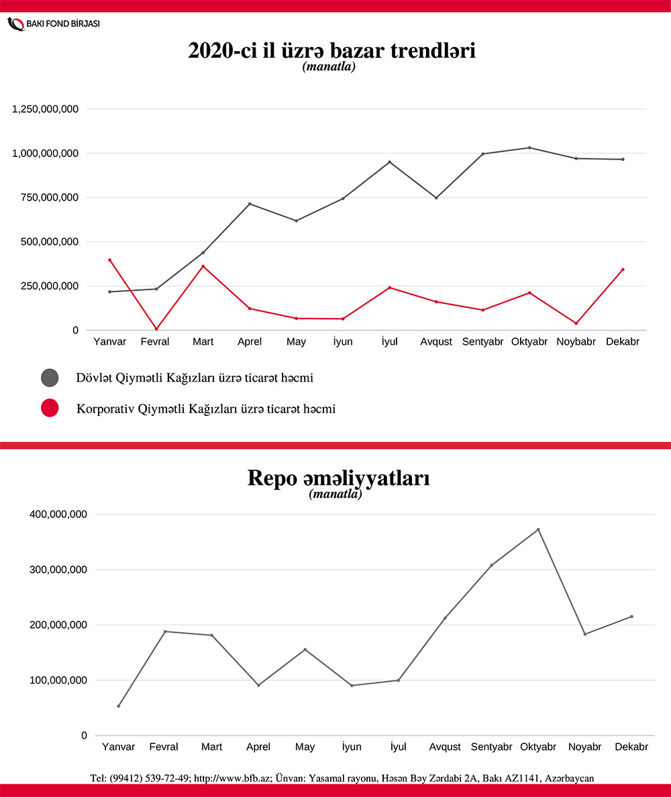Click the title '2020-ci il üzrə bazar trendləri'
332,51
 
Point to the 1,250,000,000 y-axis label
46,109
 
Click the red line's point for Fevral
156,329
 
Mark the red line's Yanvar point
109,260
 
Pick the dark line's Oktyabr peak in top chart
529,148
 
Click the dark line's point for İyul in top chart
389,162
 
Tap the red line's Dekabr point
623,270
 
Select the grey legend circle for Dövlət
50,378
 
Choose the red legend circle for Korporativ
50,408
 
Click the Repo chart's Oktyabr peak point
538,529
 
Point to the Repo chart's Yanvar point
119,706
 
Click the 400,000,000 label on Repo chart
58,515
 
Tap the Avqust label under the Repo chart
445,747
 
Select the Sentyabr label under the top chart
482,341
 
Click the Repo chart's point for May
305,649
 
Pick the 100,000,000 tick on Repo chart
58,680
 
